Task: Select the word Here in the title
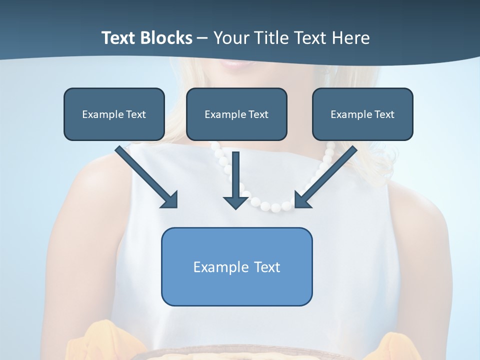pos(350,38)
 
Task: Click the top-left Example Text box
pos(114,114)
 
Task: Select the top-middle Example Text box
pos(236,114)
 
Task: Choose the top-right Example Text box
pos(362,114)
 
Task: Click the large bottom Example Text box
pos(236,266)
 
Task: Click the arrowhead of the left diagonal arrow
pos(170,200)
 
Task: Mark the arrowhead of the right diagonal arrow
pos(302,200)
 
